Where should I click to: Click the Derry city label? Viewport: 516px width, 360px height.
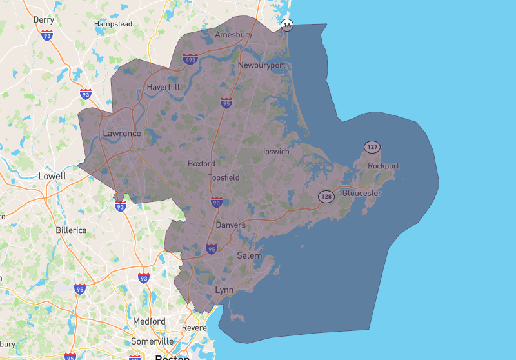(x=43, y=20)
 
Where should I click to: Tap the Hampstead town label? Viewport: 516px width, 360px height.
(x=113, y=24)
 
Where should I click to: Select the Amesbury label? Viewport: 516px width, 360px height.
(x=233, y=34)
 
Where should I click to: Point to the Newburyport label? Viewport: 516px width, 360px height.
(x=261, y=65)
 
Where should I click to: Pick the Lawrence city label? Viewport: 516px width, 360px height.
(x=121, y=134)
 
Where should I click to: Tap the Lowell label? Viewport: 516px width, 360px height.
(x=52, y=175)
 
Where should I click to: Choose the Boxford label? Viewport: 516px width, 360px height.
(x=201, y=164)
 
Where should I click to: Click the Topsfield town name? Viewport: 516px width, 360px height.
(x=223, y=177)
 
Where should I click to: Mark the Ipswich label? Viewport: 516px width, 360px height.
(x=277, y=152)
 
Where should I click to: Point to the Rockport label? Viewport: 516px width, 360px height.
(x=383, y=166)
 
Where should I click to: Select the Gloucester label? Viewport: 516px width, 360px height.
(x=362, y=194)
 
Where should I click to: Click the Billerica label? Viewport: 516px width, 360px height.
(x=70, y=230)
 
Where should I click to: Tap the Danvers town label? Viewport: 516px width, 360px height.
(x=230, y=225)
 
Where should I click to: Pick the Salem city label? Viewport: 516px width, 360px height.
(x=250, y=255)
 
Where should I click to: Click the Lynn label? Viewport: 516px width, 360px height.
(x=224, y=290)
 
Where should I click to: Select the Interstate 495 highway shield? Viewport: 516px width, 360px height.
(x=190, y=59)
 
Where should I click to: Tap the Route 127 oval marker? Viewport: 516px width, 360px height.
(x=372, y=147)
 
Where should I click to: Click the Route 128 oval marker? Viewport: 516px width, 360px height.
(x=326, y=195)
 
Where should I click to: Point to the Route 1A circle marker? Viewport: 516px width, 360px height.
(x=287, y=25)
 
